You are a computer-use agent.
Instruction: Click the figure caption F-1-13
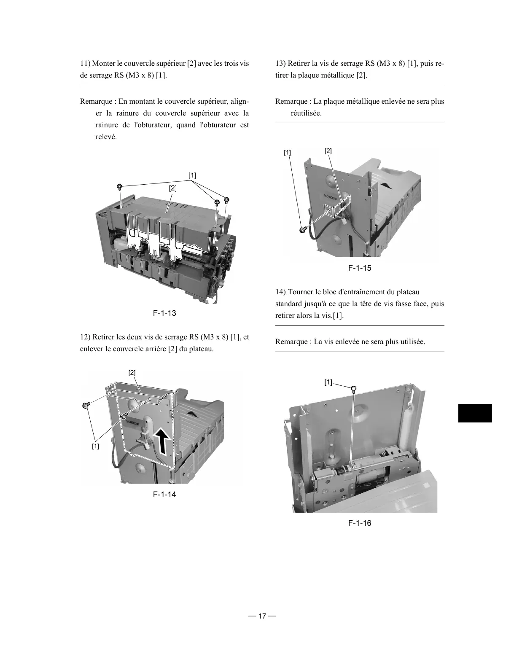coord(164,313)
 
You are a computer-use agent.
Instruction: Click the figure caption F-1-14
coord(164,494)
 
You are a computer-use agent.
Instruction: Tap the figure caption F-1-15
coord(360,268)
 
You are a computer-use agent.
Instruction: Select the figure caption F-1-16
coord(360,523)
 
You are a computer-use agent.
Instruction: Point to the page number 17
coord(262,616)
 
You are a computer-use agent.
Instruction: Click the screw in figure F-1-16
coord(354,388)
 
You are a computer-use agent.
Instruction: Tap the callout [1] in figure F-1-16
coord(328,382)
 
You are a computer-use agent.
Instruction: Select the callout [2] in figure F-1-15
coord(328,151)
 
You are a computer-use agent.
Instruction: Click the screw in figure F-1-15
coord(302,229)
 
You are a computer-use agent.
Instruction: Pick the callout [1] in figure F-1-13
coord(192,175)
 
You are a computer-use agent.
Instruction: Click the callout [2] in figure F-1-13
coord(172,188)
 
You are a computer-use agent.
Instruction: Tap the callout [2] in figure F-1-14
coord(132,373)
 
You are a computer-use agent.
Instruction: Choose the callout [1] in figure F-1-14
coord(95,446)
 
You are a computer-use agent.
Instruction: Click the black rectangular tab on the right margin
coord(475,413)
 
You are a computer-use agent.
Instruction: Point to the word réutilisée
coord(306,113)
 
